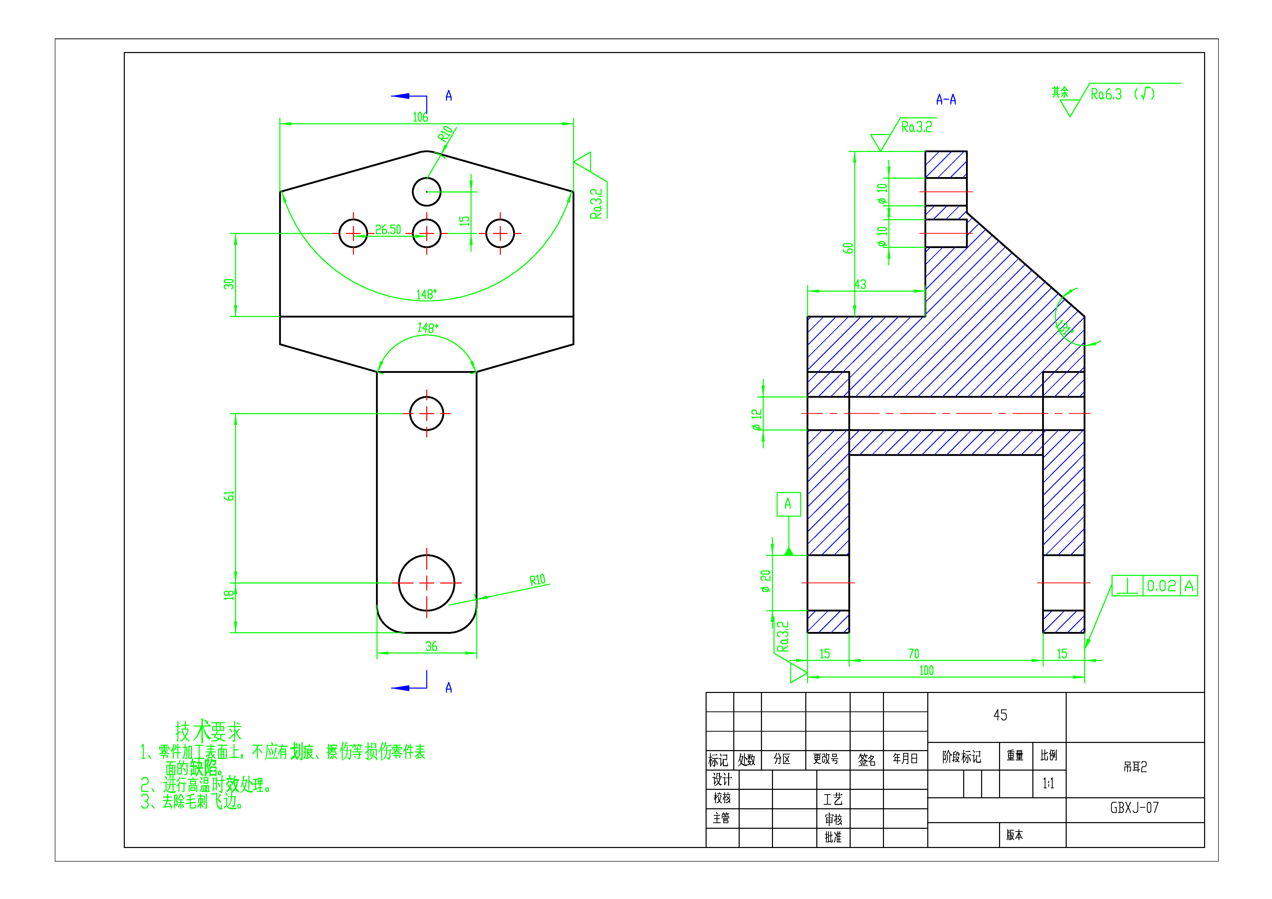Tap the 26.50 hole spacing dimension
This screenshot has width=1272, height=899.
point(388,229)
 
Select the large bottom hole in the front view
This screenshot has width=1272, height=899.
point(426,583)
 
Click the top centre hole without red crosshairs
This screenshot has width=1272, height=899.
point(426,192)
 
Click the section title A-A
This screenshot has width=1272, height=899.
point(946,100)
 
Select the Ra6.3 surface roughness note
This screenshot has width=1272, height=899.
point(1106,94)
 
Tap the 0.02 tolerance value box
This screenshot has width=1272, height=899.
point(1161,586)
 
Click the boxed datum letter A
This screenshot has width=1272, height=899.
point(788,504)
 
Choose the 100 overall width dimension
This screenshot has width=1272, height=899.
point(926,670)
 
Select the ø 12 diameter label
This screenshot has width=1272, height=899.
point(756,419)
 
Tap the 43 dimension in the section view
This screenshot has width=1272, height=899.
point(860,284)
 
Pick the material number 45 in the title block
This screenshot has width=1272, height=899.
point(1000,715)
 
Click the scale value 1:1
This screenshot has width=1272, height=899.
point(1048,783)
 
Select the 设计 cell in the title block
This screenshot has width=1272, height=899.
point(722,779)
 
